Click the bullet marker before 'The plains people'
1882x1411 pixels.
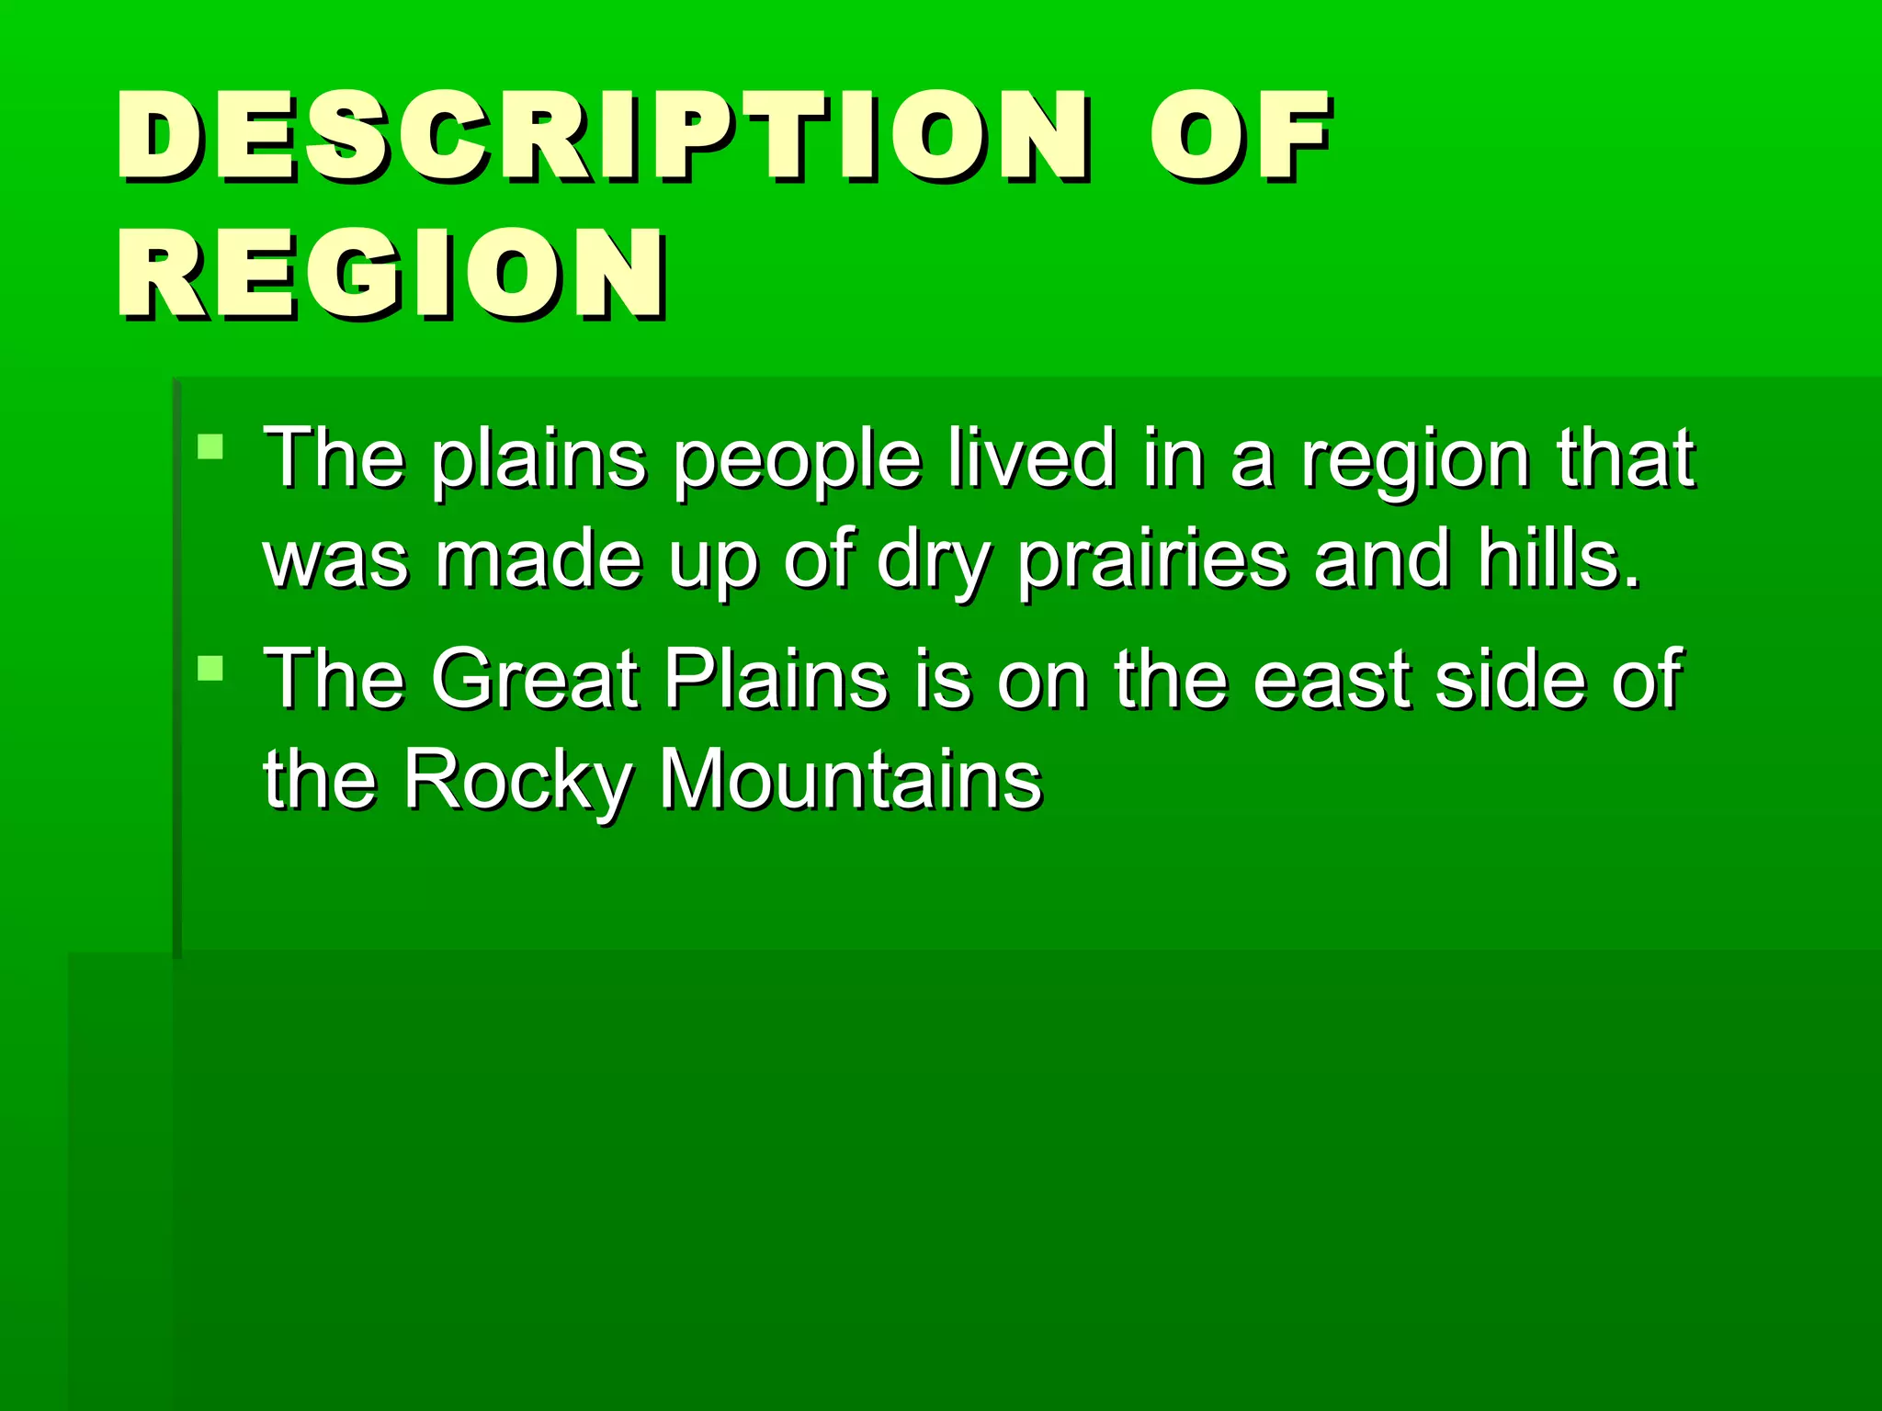(x=210, y=447)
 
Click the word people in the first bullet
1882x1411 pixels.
(x=796, y=459)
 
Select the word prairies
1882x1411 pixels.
(x=1153, y=560)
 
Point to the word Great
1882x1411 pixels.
(x=535, y=680)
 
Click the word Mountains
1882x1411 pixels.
(x=851, y=779)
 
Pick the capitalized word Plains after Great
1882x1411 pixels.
(x=777, y=680)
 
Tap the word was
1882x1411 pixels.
(x=335, y=560)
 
